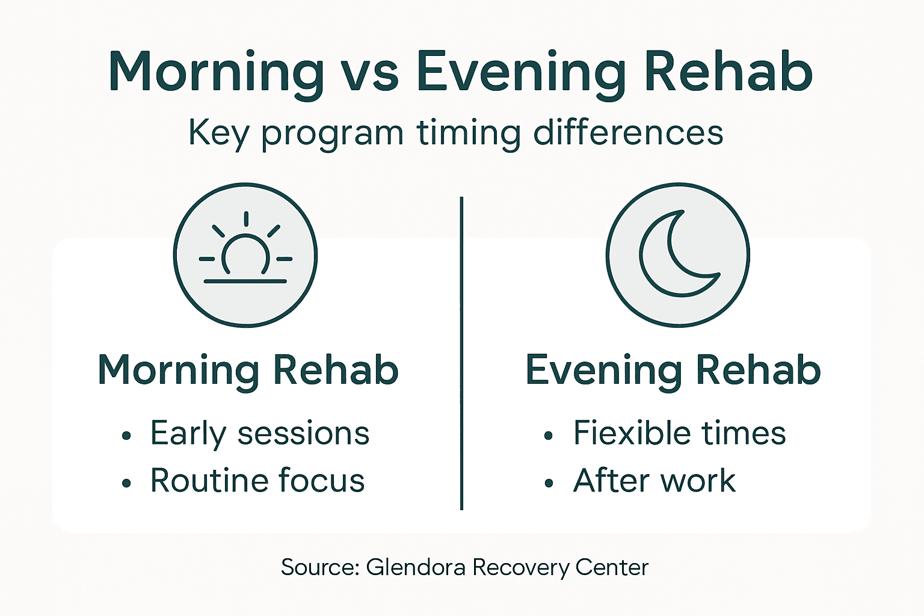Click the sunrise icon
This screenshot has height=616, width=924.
coord(245,255)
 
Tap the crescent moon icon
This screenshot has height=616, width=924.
coord(677,255)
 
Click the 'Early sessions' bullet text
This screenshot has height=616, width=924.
coord(260,433)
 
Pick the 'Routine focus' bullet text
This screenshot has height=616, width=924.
coord(257,480)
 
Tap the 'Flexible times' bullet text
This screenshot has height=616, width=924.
coord(679,433)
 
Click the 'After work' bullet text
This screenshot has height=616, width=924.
coord(654,480)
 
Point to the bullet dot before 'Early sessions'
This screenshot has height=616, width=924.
coord(126,436)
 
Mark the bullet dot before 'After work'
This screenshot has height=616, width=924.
coord(548,483)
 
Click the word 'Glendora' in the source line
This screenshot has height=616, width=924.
coord(416,567)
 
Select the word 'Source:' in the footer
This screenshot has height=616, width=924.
coord(320,567)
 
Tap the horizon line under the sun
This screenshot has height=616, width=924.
coord(245,281)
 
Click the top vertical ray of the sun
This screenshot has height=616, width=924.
coord(246,219)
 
